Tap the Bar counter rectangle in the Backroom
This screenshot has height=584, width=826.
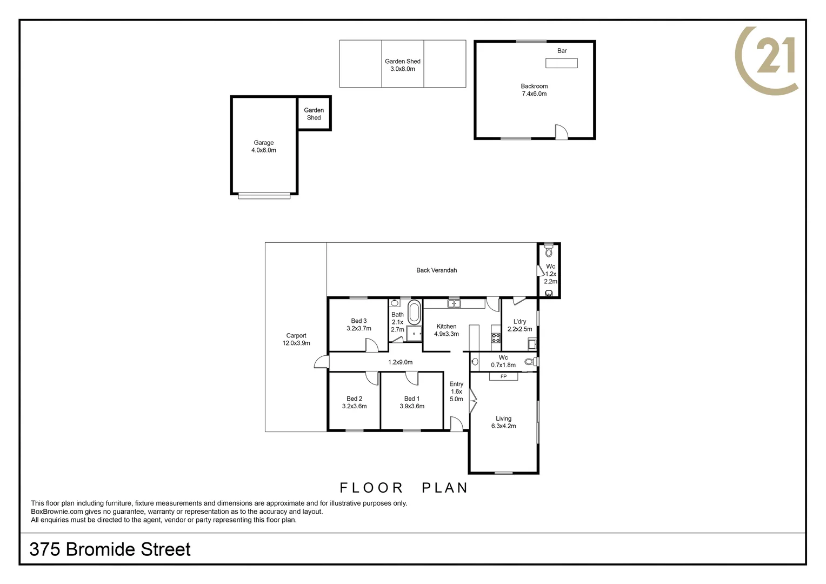pyautogui.click(x=561, y=63)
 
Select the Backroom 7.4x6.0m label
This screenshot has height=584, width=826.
pyautogui.click(x=534, y=90)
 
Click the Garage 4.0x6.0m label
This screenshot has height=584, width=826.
pyautogui.click(x=263, y=147)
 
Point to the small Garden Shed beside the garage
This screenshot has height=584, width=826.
pyautogui.click(x=314, y=114)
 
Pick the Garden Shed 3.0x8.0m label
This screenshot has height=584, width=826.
pyautogui.click(x=402, y=65)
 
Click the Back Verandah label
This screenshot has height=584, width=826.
pyautogui.click(x=436, y=270)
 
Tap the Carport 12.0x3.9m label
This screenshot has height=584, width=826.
pyautogui.click(x=296, y=340)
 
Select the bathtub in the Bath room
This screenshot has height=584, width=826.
pyautogui.click(x=414, y=313)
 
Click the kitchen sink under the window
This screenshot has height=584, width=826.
pyautogui.click(x=454, y=303)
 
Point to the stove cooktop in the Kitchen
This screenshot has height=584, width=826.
pyautogui.click(x=496, y=338)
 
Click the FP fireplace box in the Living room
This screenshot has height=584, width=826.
pyautogui.click(x=503, y=376)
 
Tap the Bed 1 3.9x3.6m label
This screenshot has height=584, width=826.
pyautogui.click(x=412, y=402)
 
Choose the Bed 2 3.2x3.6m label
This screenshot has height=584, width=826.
pyautogui.click(x=354, y=402)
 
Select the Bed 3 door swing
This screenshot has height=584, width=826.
pyautogui.click(x=371, y=345)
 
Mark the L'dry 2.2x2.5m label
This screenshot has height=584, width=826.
pyautogui.click(x=519, y=325)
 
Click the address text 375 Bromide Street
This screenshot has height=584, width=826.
pyautogui.click(x=110, y=549)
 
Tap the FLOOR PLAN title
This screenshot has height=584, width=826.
pyautogui.click(x=403, y=488)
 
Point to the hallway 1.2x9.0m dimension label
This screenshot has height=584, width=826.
pyautogui.click(x=400, y=362)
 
